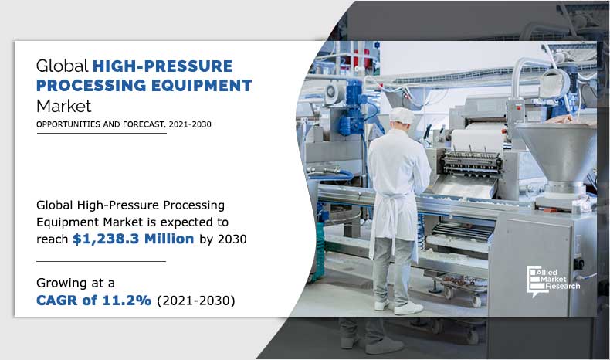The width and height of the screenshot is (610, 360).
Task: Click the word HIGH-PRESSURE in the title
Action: tap(163, 66)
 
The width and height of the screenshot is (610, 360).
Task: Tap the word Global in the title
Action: tap(63, 66)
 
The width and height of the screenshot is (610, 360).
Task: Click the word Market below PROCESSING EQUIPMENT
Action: tap(63, 104)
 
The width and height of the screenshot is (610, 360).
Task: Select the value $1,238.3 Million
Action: tap(134, 239)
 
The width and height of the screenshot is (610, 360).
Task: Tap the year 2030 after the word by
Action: tap(231, 239)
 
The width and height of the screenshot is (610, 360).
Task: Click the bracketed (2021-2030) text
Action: tap(196, 300)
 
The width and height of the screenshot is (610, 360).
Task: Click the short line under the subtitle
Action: tap(101, 133)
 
